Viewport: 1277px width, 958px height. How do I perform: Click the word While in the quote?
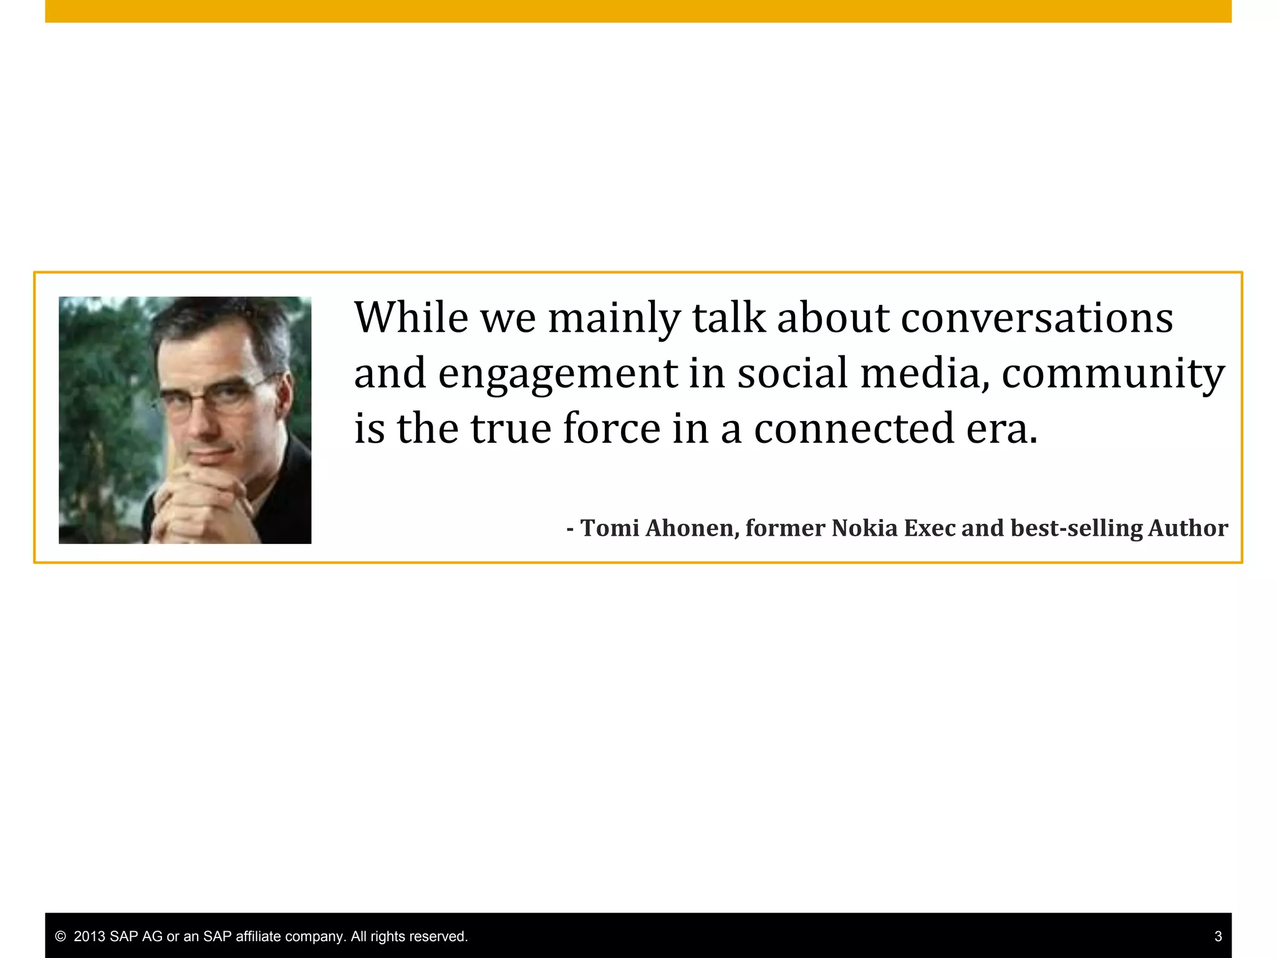411,318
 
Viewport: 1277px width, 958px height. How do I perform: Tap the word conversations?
1037,318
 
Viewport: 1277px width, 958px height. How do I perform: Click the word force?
611,428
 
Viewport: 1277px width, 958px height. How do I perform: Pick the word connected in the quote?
854,428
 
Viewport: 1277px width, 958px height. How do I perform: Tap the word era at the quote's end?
1001,428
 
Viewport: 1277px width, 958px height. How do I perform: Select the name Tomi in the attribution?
610,528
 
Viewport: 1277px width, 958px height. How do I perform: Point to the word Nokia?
865,528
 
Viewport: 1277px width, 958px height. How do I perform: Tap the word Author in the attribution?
1188,528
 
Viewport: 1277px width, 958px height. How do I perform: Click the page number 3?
1218,936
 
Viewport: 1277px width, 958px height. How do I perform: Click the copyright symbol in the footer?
60,936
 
